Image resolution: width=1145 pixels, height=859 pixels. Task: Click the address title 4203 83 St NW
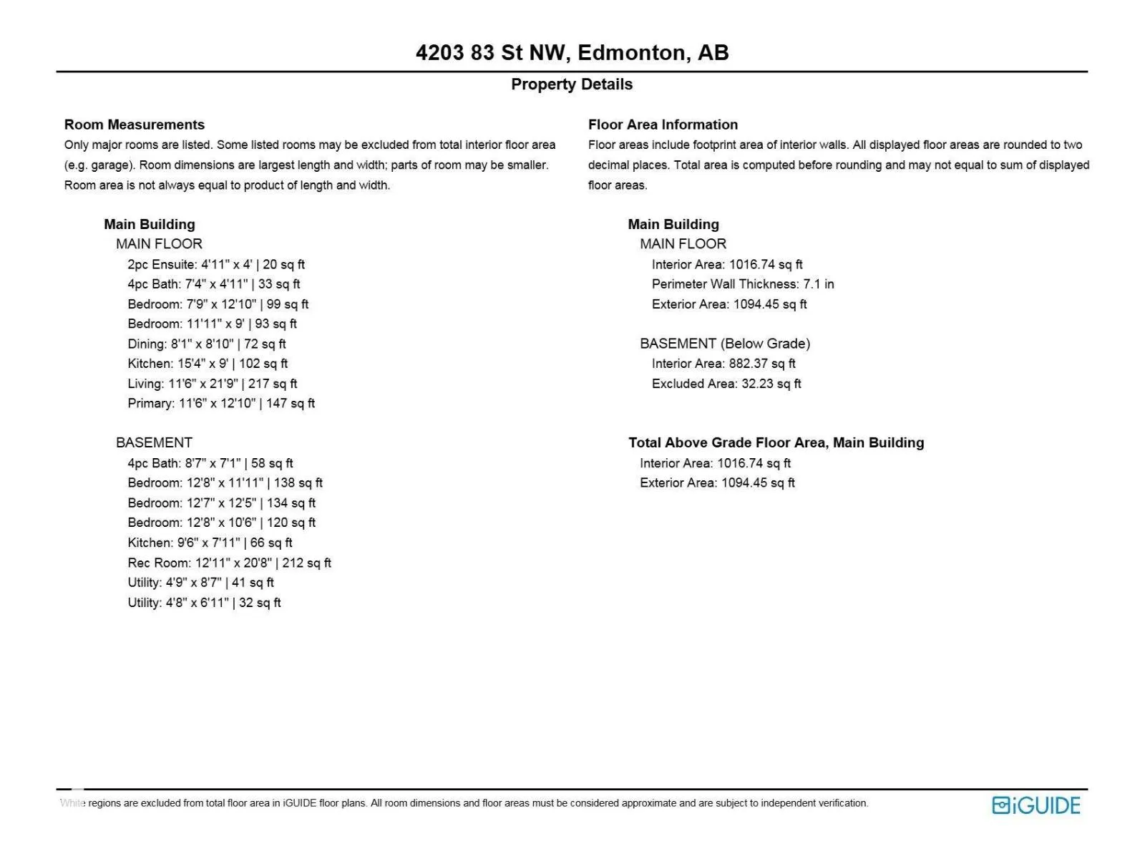click(x=572, y=53)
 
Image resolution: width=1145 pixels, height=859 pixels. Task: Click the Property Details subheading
click(x=572, y=84)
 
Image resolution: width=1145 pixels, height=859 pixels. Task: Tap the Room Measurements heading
click(x=135, y=125)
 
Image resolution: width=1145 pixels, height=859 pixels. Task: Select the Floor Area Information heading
click(x=663, y=125)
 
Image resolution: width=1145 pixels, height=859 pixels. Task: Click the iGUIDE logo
click(x=1036, y=805)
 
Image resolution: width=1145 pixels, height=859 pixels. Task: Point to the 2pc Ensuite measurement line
click(x=216, y=264)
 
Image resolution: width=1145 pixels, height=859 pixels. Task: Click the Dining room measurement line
click(x=206, y=344)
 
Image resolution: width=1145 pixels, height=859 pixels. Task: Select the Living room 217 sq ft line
click(x=212, y=384)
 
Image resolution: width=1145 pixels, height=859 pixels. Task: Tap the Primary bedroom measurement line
click(x=221, y=403)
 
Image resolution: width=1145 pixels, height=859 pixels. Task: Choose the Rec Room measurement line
click(x=229, y=563)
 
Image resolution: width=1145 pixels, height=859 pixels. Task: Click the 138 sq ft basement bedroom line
click(x=225, y=482)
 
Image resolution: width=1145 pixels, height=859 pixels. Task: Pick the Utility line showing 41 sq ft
click(x=200, y=583)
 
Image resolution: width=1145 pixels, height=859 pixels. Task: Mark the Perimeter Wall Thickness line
click(x=743, y=284)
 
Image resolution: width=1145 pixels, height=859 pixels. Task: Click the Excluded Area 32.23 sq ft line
click(x=726, y=384)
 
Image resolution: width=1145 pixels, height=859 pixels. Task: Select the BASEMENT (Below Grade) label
click(x=725, y=344)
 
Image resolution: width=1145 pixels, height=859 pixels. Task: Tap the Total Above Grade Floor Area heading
click(x=776, y=442)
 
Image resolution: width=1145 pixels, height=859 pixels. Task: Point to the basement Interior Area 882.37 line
click(x=723, y=364)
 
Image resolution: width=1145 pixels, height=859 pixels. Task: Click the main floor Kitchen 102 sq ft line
click(x=208, y=364)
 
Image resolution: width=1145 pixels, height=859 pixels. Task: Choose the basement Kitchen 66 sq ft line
click(x=210, y=543)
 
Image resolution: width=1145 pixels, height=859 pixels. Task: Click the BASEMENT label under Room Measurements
click(x=154, y=442)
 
